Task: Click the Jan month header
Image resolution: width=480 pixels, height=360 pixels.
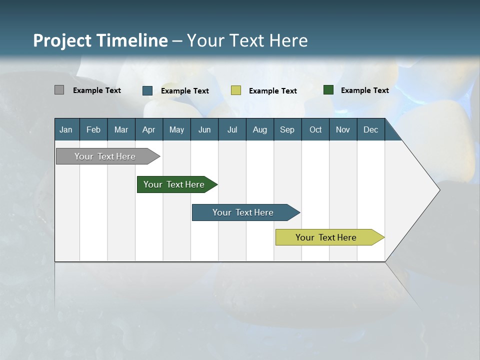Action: click(66, 129)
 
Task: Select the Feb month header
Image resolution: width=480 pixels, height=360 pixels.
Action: click(93, 129)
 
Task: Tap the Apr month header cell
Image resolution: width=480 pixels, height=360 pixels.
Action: click(149, 129)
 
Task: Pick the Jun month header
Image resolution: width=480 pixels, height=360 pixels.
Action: click(204, 129)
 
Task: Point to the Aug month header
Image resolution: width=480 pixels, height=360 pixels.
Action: click(260, 129)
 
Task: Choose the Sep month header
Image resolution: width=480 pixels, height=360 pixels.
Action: click(287, 129)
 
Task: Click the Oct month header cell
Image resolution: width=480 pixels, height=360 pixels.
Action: click(315, 129)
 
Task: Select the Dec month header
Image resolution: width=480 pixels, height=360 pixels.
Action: click(371, 129)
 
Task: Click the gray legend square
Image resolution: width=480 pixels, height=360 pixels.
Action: click(59, 90)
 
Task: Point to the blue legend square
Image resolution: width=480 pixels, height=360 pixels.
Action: click(147, 90)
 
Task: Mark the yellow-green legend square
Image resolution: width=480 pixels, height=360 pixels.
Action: click(236, 90)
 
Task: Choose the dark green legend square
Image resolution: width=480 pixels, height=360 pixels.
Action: click(328, 90)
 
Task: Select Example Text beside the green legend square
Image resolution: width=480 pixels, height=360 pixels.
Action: click(365, 90)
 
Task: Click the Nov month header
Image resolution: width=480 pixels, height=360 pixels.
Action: click(343, 129)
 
